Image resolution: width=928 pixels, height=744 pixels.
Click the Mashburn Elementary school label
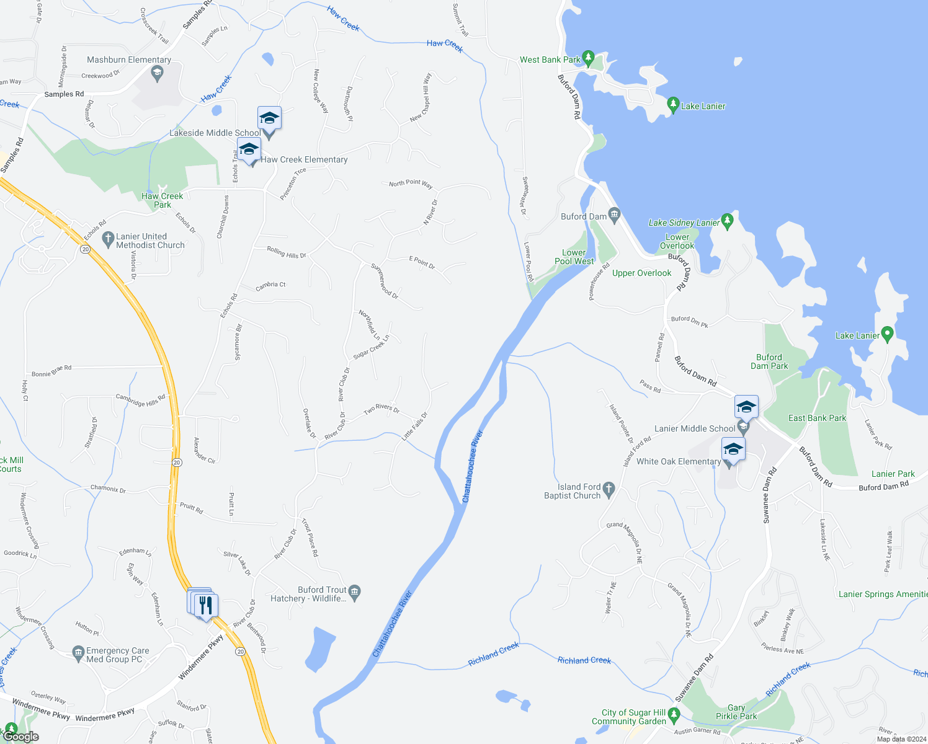129,60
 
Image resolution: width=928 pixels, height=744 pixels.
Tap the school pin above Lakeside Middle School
269,118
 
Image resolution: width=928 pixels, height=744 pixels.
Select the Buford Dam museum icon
614,215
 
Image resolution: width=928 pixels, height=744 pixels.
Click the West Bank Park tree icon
588,58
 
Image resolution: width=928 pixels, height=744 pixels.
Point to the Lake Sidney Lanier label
684,223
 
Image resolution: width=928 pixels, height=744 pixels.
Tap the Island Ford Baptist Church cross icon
609,490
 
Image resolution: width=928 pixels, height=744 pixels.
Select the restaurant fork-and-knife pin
206,605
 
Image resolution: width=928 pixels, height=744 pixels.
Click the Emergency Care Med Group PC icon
78,653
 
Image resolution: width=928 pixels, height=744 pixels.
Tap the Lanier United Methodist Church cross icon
108,238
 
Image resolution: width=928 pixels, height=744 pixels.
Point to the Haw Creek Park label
163,200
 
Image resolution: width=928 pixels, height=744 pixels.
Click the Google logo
21,737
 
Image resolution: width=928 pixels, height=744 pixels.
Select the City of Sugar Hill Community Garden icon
674,715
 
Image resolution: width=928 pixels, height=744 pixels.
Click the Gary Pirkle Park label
736,712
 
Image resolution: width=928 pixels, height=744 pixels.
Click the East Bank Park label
817,418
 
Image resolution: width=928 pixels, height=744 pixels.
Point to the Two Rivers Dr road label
381,409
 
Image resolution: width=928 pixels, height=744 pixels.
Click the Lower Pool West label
574,257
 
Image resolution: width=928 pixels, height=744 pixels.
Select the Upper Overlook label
641,273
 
